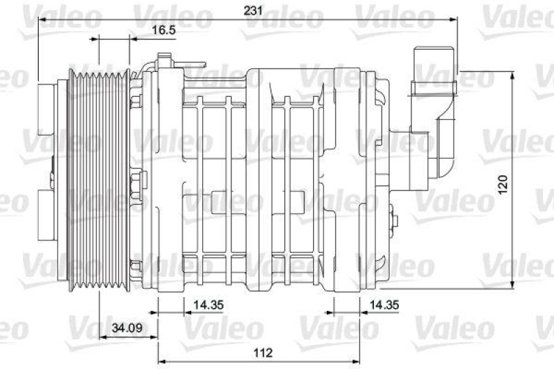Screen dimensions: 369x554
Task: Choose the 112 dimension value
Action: [x=261, y=352]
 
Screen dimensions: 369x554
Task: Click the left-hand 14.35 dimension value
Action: [x=208, y=304]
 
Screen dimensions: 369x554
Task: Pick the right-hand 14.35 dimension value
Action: [x=386, y=304]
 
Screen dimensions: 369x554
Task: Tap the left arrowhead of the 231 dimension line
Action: [x=42, y=21]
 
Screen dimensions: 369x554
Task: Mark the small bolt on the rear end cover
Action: [x=394, y=222]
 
